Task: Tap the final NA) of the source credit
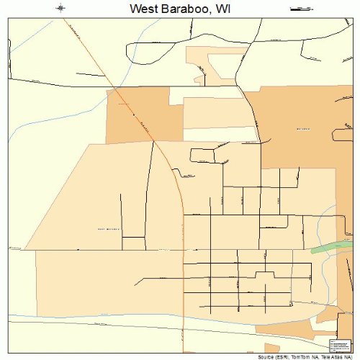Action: coord(351,356)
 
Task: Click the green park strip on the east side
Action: coord(328,248)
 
